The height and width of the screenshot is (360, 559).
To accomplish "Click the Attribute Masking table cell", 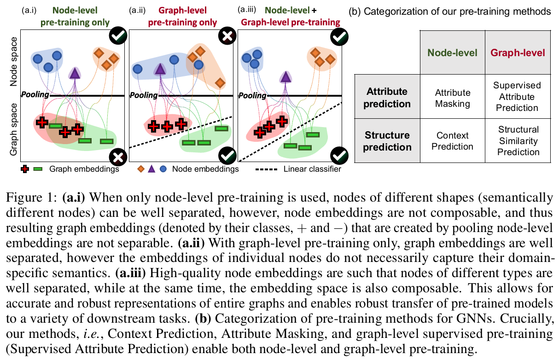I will [453, 97].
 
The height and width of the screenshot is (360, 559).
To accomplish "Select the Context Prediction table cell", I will [453, 141].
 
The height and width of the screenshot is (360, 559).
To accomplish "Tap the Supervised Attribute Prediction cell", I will [517, 97].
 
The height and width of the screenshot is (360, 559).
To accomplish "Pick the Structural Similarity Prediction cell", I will [517, 140].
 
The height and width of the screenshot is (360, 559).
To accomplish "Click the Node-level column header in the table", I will [453, 52].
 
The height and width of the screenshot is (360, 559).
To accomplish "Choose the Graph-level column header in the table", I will [518, 52].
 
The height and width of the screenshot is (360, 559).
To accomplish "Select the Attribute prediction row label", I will [387, 97].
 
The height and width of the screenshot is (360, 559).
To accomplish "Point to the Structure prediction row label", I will [387, 141].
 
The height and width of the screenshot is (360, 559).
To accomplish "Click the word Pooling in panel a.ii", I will [143, 95].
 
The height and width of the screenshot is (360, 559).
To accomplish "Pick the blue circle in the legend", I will [163, 169].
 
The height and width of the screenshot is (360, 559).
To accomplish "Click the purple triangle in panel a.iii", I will [286, 76].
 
